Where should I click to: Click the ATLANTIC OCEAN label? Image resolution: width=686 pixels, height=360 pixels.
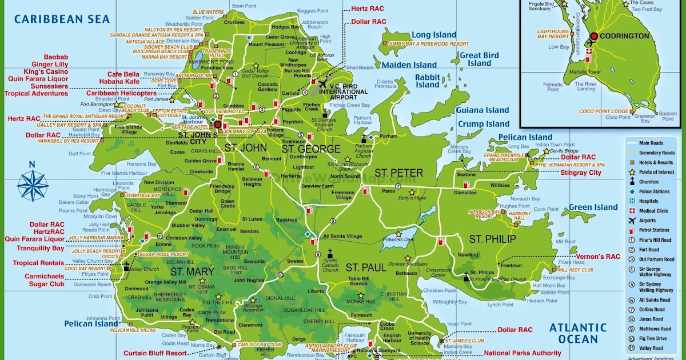point(578,334)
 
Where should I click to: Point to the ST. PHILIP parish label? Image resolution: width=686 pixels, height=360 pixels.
point(492,239)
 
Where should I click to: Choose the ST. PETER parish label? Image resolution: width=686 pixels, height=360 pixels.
point(398,173)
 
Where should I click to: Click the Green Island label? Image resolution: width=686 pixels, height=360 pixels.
point(593,207)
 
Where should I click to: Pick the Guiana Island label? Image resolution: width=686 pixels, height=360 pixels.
point(482,110)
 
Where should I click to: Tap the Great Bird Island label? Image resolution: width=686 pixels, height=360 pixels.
point(479,59)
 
